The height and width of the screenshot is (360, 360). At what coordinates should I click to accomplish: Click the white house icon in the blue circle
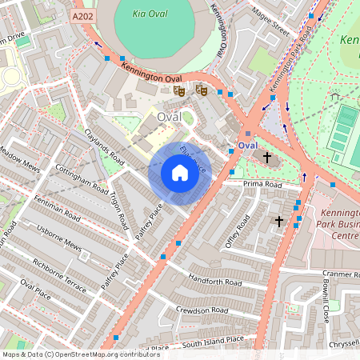pyautogui.click(x=180, y=173)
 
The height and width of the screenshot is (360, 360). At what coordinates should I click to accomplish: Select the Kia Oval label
pyautogui.click(x=153, y=14)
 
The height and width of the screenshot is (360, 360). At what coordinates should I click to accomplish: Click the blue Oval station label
pyautogui.click(x=248, y=146)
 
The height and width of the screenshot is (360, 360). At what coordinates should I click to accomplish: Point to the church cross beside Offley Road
pyautogui.click(x=279, y=220)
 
